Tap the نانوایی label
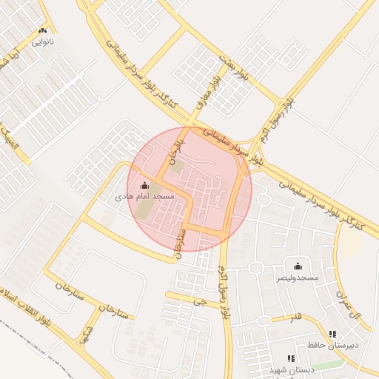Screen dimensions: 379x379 point(42,41)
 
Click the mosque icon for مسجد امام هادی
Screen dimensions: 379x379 point(144,185)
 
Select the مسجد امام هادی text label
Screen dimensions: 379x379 point(144,198)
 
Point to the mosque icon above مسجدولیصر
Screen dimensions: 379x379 point(298,266)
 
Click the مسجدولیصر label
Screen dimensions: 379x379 point(298,278)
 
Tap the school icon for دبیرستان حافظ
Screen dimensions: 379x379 point(332,334)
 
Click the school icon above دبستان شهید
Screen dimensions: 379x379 point(291,358)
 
